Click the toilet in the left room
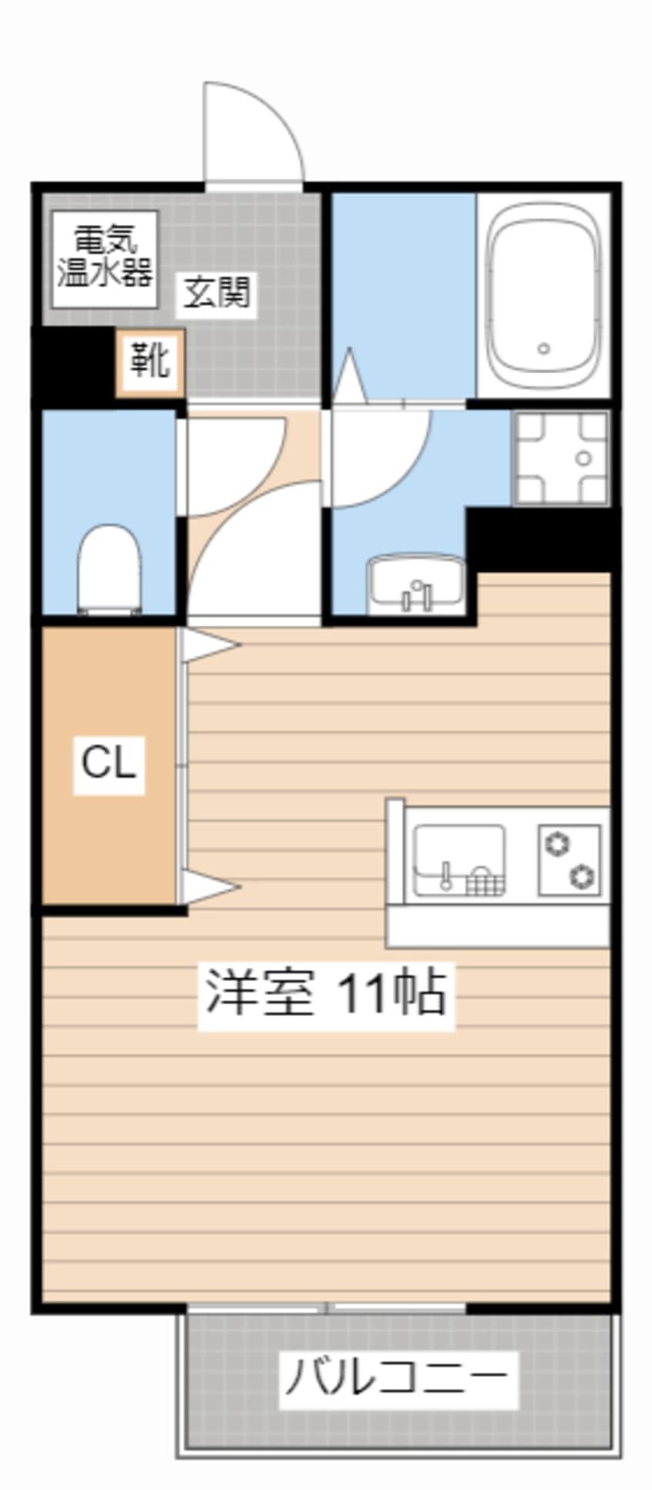110,568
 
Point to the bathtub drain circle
543,348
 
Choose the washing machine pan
561,458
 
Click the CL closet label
109,763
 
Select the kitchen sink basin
460,860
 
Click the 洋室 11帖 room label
326,993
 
